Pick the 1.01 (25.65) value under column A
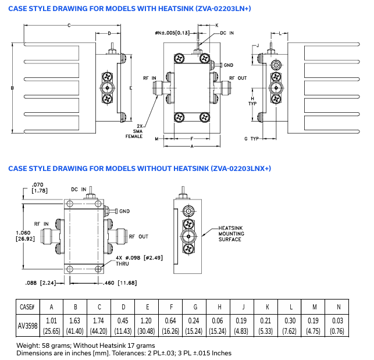52,326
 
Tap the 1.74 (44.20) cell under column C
99,326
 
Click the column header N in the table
339,306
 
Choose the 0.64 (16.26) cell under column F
171,326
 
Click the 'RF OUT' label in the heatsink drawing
238,78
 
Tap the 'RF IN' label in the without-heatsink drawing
41,223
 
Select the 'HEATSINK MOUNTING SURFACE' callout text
231,233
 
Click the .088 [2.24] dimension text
40,283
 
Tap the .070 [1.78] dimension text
40,187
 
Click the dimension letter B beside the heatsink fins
12,88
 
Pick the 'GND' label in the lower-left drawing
124,211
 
